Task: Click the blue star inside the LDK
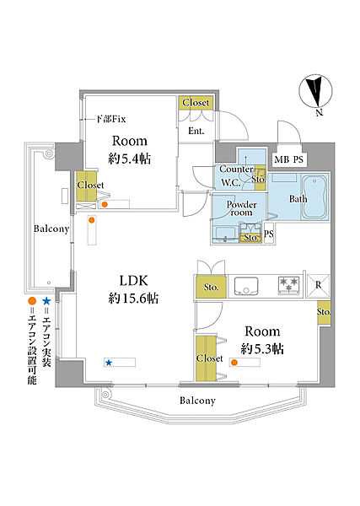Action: coord(109,363)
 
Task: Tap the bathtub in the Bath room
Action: coord(314,197)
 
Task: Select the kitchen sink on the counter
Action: coord(246,286)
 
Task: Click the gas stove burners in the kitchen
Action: coord(289,285)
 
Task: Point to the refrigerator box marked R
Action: coord(318,286)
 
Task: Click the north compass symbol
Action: coord(315,92)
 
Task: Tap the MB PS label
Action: coord(288,159)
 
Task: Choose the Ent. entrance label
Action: coord(196,131)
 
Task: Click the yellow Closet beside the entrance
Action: coord(196,103)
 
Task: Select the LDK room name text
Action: coord(133,281)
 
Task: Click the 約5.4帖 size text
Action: coord(130,159)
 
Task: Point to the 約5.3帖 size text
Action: coord(262,349)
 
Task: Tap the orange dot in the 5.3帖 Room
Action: coord(234,363)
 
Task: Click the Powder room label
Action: coord(242,208)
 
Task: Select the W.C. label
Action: coord(231,183)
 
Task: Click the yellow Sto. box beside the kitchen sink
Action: coord(211,287)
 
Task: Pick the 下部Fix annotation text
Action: coord(111,119)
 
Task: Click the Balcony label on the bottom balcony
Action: coord(197,401)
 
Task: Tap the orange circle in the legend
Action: coord(31,301)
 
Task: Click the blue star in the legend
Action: coord(46,301)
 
